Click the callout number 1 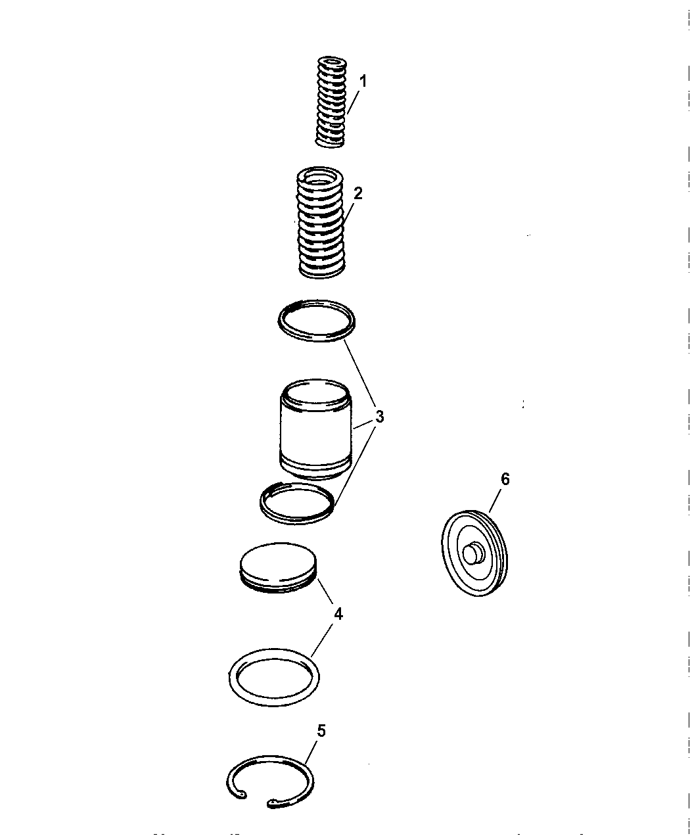(x=363, y=81)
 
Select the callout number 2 (x=357, y=193)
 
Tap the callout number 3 (x=380, y=417)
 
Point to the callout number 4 (x=338, y=614)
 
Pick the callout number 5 (x=321, y=730)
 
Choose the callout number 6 (x=505, y=479)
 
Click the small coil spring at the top (x=331, y=102)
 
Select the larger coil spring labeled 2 (x=322, y=223)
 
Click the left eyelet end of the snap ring (x=243, y=795)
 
